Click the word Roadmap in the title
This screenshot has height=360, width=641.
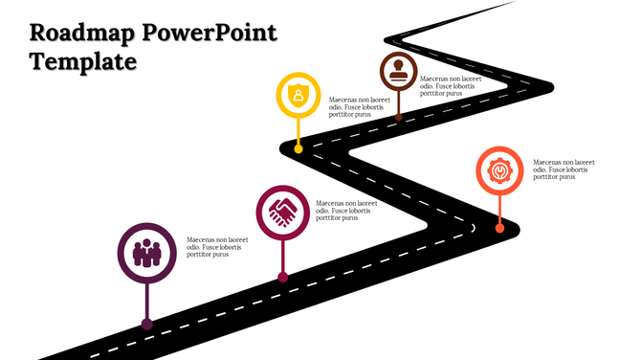80,34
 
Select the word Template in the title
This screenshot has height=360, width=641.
82,63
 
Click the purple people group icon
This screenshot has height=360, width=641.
145,253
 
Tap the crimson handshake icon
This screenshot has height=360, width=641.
282,212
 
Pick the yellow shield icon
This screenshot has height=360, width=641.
299,96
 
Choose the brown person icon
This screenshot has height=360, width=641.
399,72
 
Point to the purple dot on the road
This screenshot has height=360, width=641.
146,324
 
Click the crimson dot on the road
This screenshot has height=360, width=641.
282,277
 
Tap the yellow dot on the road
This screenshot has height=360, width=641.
299,149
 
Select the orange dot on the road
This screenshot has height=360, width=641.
499,228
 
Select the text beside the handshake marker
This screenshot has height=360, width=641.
346,211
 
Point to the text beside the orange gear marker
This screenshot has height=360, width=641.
564,169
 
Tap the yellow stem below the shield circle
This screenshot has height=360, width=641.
299,131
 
